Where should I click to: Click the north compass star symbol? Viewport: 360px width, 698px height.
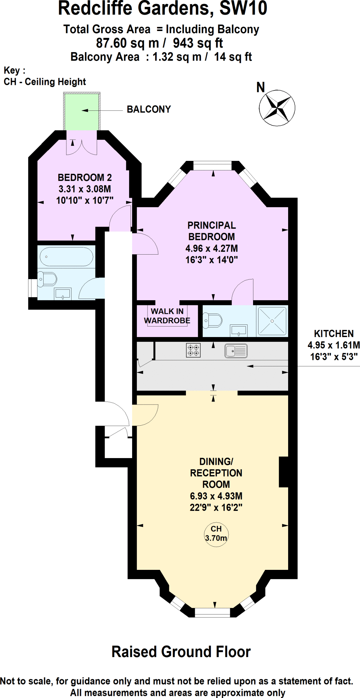pos(277,108)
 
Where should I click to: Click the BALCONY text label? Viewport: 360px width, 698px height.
pos(148,109)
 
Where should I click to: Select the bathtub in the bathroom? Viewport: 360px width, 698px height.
pos(66,257)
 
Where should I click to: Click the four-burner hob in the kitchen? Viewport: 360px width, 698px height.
pos(193,350)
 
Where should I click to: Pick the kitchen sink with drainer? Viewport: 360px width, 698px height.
pos(236,351)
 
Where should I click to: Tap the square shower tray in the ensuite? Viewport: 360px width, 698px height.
pos(272,321)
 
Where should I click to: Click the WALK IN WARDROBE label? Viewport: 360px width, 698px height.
pos(167,316)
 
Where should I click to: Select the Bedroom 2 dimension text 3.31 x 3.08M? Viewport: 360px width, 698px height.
pos(85,189)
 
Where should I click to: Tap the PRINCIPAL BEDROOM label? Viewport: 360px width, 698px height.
pos(212,231)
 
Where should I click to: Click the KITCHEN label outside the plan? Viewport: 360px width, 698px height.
pos(333,334)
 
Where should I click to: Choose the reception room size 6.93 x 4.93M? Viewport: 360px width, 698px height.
pos(216,496)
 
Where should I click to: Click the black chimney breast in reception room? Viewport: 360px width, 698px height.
pos(283,472)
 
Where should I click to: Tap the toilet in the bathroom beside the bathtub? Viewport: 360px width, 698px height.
pos(48,279)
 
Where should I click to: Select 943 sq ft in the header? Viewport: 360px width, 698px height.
pos(198,43)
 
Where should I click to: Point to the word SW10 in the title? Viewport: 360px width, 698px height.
pos(243,9)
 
